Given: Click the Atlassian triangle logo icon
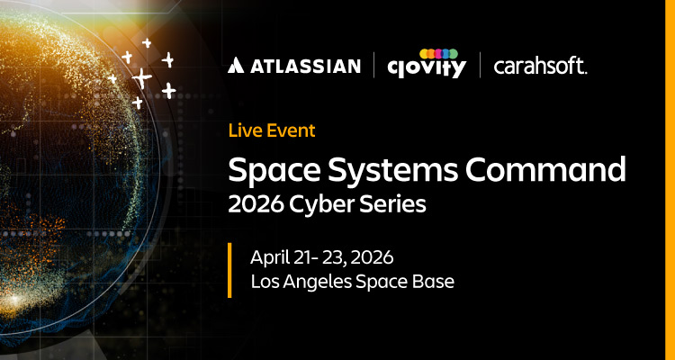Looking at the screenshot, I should point(235,65).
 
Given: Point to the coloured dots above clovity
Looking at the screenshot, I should point(438,52).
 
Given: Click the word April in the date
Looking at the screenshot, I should point(270,257).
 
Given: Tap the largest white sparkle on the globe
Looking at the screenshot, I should point(141,77).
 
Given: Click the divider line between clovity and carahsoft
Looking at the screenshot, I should point(480,65).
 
